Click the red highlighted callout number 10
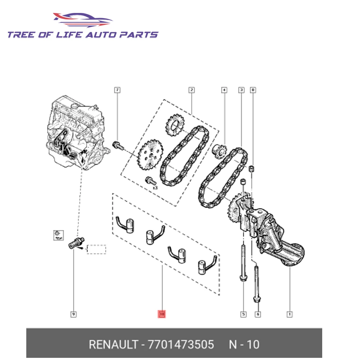(x=162, y=314)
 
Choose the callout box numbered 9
(x=73, y=314)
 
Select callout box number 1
(x=289, y=314)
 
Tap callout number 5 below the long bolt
(x=243, y=314)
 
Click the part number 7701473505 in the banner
(x=181, y=345)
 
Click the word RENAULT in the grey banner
(x=113, y=345)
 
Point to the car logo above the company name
(x=83, y=20)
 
